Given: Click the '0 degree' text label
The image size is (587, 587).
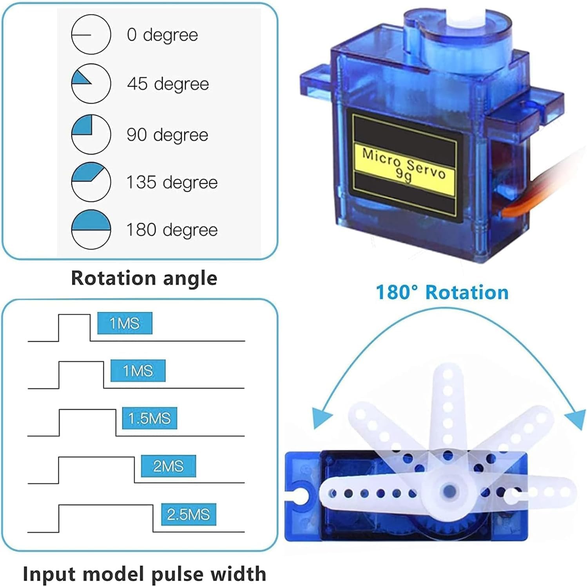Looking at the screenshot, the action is tap(162, 35).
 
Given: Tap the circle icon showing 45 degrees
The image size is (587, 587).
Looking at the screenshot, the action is tap(91, 84).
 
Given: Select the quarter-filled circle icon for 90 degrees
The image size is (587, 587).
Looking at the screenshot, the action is tap(91, 134).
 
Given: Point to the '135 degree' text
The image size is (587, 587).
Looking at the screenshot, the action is tap(172, 182).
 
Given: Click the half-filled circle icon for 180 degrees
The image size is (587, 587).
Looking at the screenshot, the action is tap(91, 229).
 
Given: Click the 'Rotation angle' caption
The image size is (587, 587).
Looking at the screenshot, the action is tap(144, 278).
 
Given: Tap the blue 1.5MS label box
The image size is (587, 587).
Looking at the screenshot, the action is tap(149, 418).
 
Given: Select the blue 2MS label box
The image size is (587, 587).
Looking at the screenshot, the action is tap(168, 466).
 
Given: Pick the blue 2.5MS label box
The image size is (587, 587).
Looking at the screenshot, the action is tap(188, 514).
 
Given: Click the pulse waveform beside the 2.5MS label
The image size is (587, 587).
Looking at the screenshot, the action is tap(106, 505).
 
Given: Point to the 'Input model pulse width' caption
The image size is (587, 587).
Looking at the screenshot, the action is tap(144, 574).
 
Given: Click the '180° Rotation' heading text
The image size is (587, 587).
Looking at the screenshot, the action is tap(442, 292).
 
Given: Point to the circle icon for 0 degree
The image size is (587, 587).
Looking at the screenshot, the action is tap(91, 34).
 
